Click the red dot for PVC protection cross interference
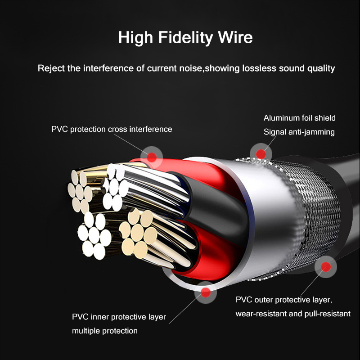coord(153,157)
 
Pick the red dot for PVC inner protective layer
coord(206,293)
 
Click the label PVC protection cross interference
coord(112,130)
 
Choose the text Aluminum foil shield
coord(299,118)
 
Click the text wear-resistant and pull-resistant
coord(292,314)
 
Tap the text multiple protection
coord(105,331)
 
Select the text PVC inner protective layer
coord(119,317)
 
